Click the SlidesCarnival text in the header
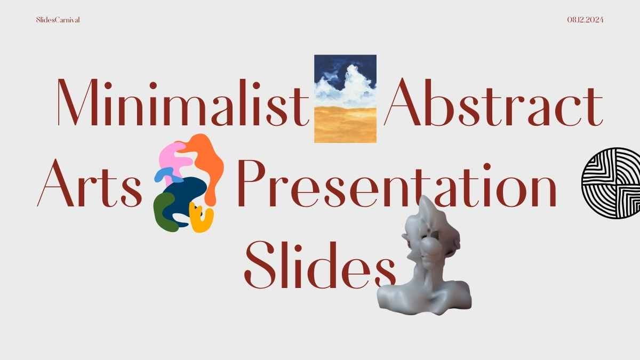coord(58,20)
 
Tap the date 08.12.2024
coord(585,20)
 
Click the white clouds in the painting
coord(347,88)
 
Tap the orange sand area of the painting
coord(345,124)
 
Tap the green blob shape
coord(163,213)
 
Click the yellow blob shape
coord(202,219)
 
